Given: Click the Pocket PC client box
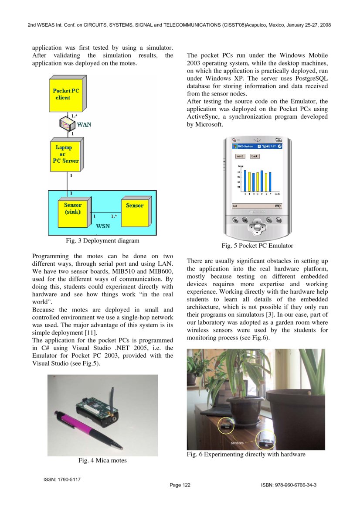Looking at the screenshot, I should (66, 94).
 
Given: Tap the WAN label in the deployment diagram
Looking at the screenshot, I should (84, 124).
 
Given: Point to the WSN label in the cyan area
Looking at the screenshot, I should (103, 226).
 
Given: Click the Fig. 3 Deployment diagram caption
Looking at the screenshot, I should (102, 240).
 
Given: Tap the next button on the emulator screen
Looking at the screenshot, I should (240, 156).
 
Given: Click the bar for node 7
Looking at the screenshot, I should (270, 181).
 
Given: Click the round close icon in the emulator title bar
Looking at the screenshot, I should (279, 146).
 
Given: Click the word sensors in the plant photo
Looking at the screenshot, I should (237, 443).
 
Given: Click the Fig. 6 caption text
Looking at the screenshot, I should (246, 455).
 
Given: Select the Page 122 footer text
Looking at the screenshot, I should (180, 485).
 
